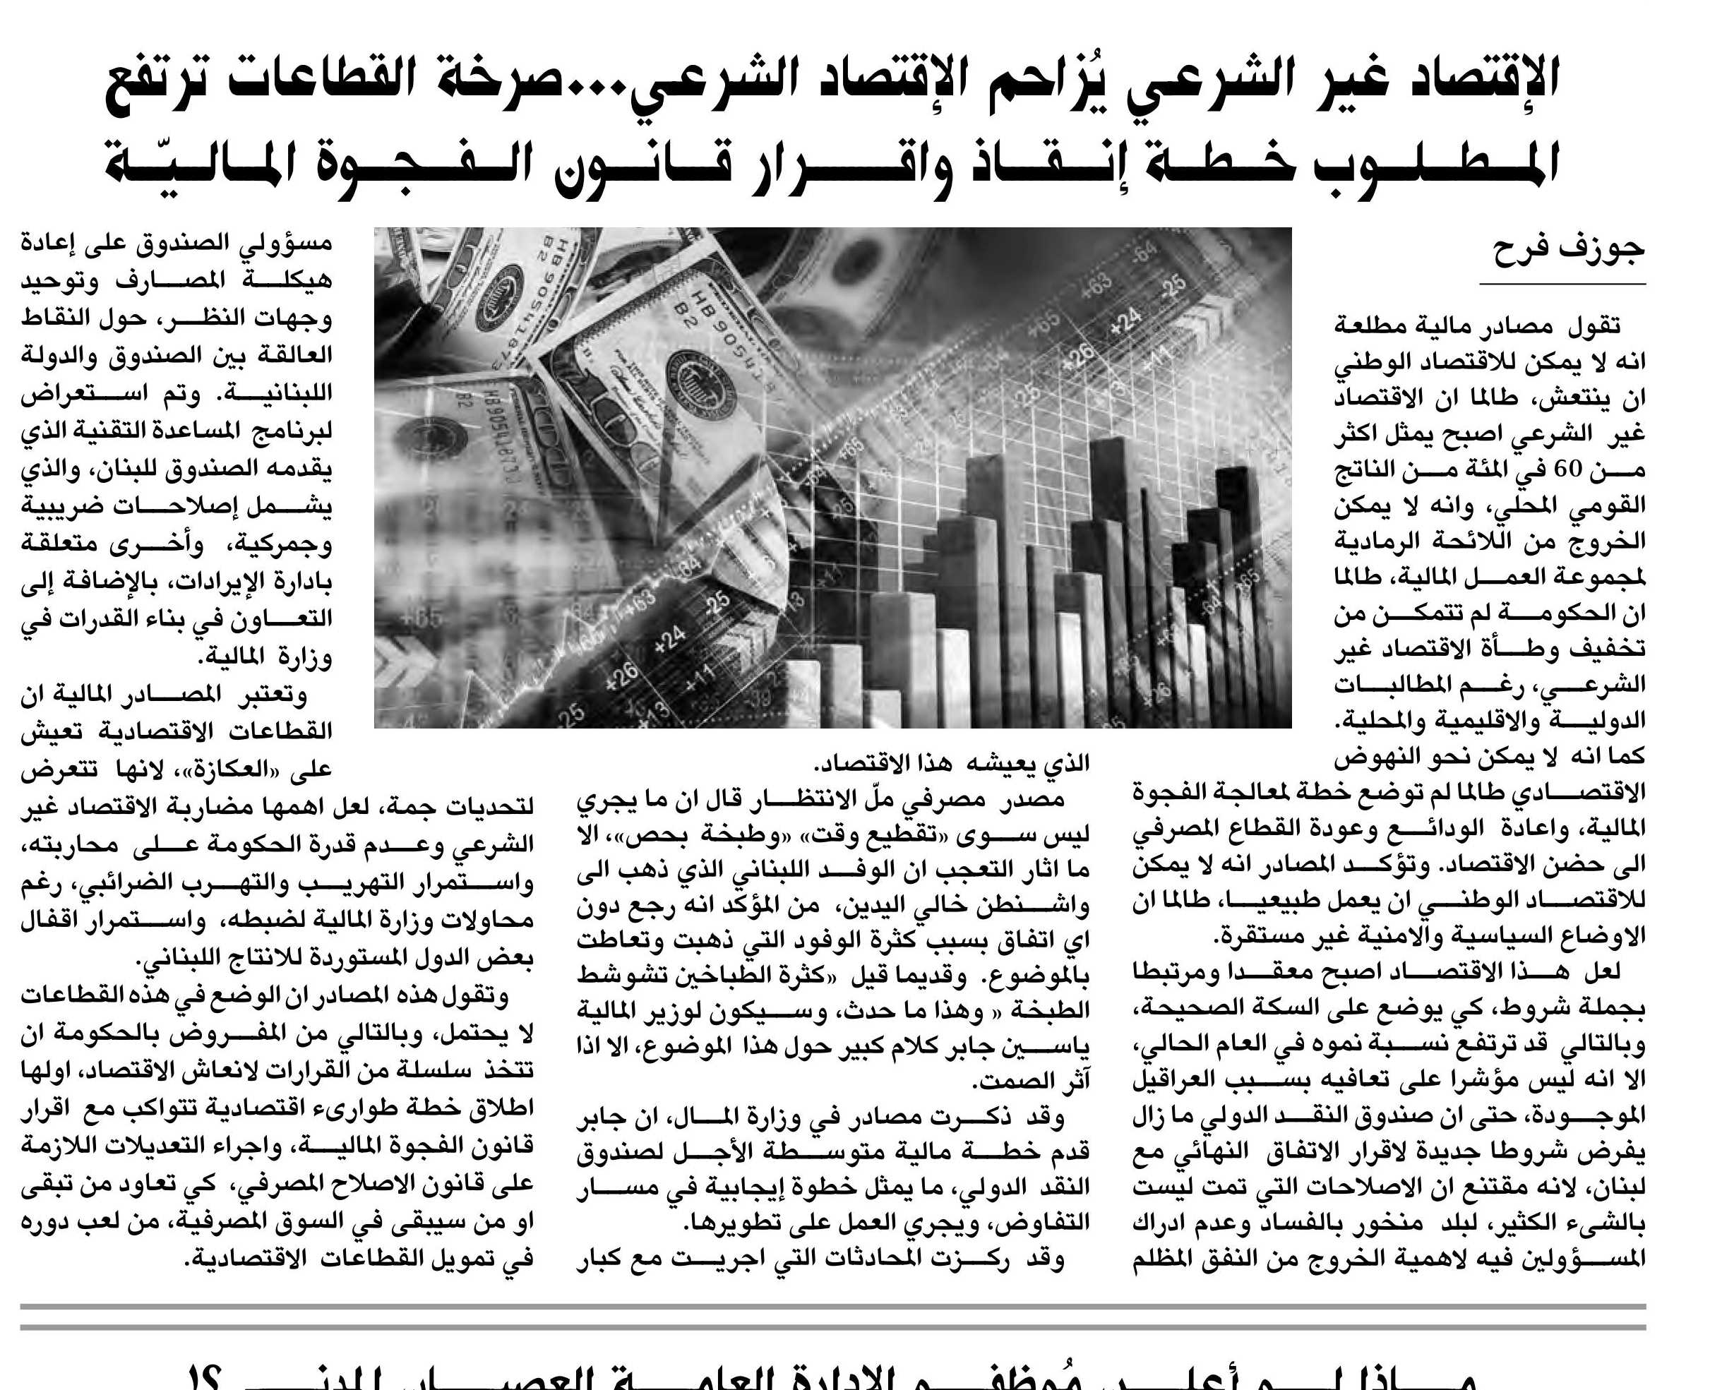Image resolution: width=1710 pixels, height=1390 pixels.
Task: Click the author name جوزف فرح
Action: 1569,248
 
